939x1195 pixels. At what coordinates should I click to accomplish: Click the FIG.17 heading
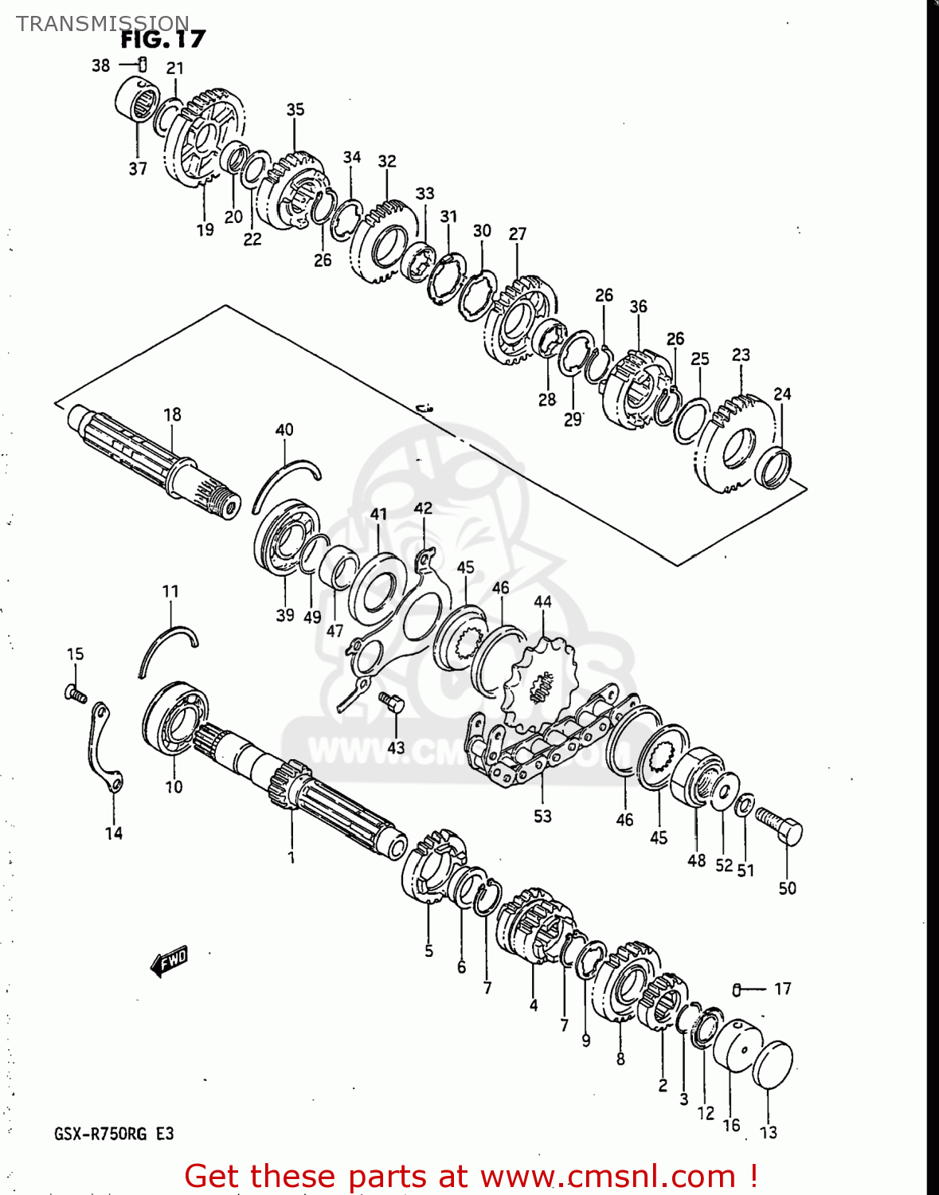(162, 39)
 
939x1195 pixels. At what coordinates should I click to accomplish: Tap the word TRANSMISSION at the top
(103, 23)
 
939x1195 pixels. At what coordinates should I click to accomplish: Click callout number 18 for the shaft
(172, 414)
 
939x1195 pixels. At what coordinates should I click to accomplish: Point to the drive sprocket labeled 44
(538, 687)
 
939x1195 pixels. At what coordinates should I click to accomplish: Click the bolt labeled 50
(779, 825)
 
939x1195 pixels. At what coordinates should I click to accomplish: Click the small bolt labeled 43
(392, 704)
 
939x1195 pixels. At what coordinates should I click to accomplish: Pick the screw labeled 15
(75, 693)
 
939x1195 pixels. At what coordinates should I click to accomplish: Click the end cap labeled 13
(772, 1064)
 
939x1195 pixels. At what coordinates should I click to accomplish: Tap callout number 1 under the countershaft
(291, 857)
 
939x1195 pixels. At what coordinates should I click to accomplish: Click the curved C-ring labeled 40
(285, 482)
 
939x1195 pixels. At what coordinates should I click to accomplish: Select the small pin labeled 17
(738, 989)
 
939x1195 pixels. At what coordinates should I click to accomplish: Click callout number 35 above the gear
(295, 109)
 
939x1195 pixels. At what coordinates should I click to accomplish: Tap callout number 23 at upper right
(741, 355)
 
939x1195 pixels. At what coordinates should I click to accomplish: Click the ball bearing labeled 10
(176, 717)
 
